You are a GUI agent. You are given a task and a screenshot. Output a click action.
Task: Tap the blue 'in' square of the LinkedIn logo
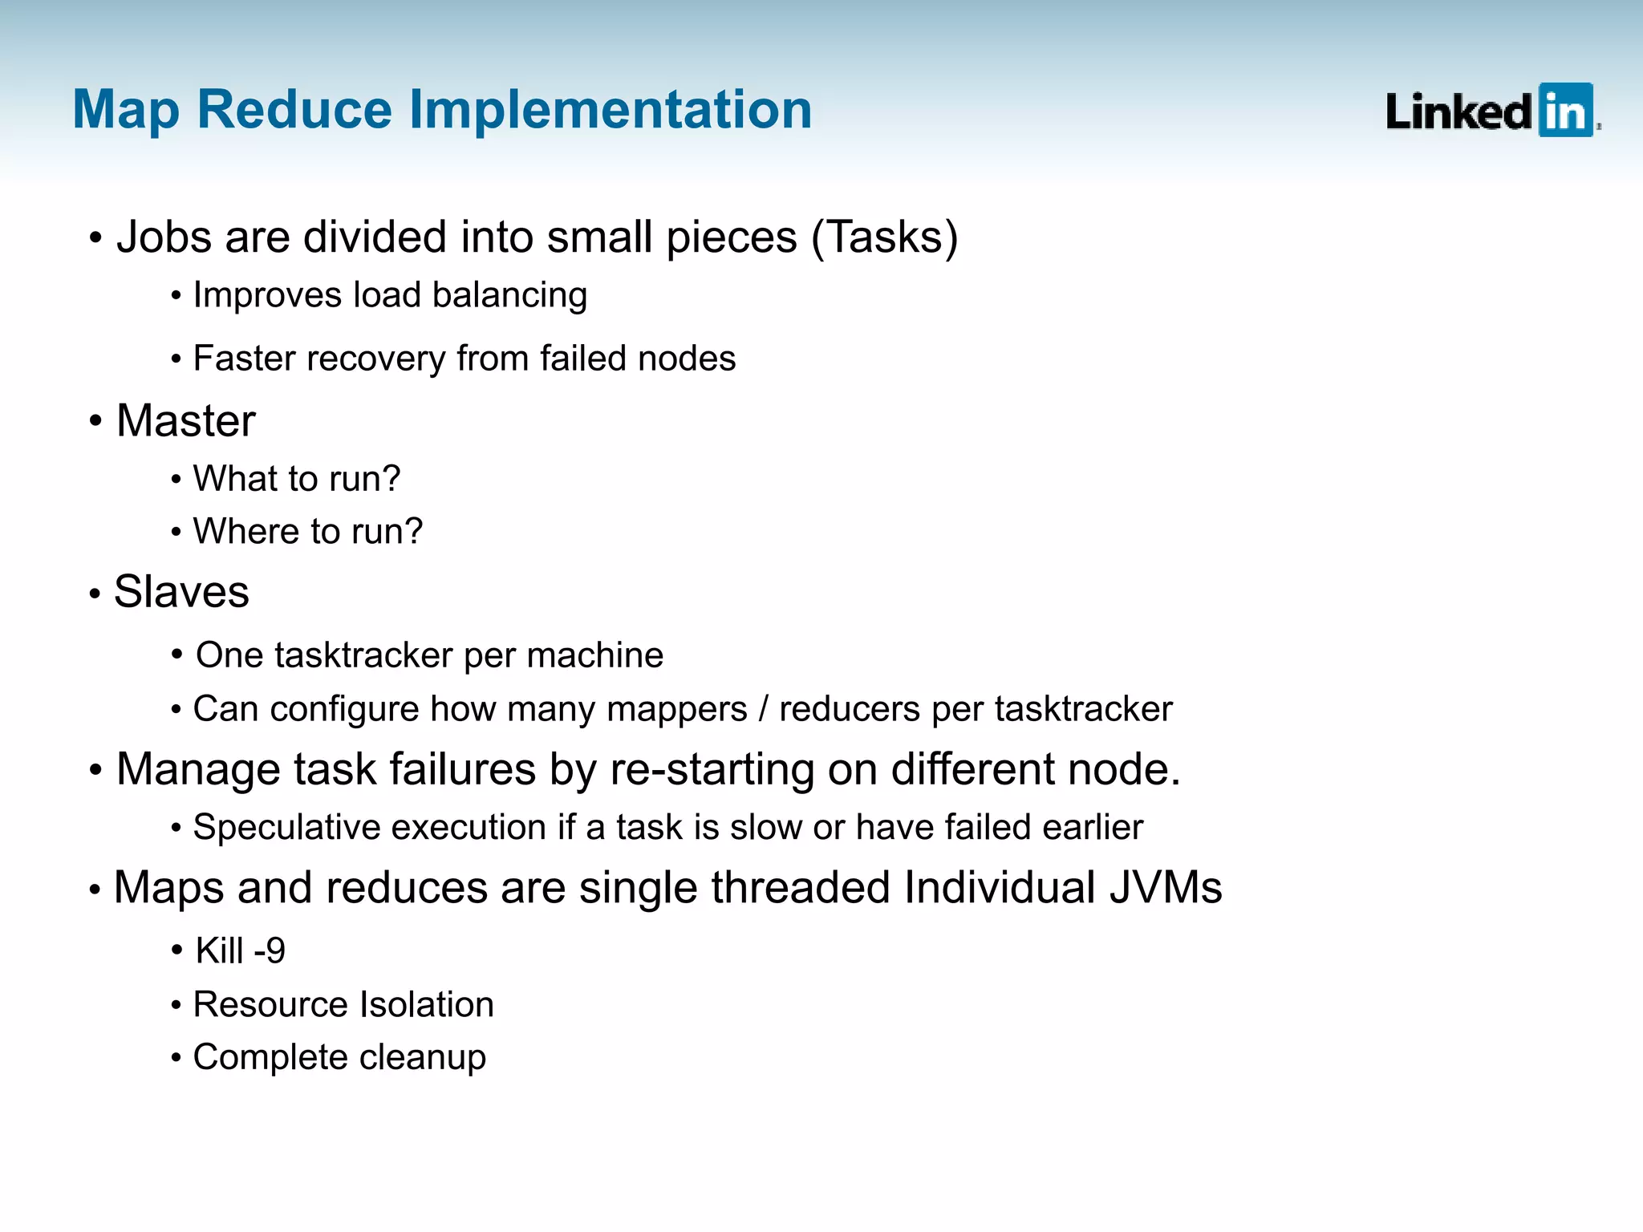pos(1565,111)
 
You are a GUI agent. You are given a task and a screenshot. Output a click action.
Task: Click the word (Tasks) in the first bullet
pos(884,237)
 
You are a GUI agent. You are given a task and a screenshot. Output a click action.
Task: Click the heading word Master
pos(185,421)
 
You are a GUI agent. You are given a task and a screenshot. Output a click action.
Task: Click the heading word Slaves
pos(181,592)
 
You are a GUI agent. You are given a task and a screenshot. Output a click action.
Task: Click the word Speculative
pos(290,827)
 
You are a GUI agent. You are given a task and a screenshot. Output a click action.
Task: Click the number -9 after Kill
pos(269,951)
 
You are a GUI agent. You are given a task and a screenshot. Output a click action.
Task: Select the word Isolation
pos(426,1005)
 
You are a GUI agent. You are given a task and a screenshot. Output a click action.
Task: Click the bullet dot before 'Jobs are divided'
pos(95,238)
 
